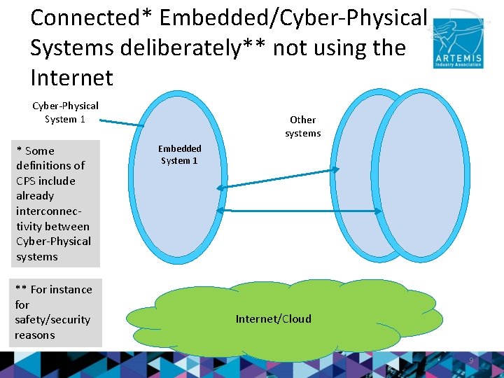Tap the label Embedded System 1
click(179, 155)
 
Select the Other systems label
click(302, 127)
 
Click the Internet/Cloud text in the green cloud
click(273, 319)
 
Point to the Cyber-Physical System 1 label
click(65, 112)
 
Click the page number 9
click(471, 360)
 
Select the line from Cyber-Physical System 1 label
click(120, 122)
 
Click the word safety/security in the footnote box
click(52, 320)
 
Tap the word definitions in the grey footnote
click(50, 166)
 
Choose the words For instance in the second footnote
click(61, 289)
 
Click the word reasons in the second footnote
click(35, 335)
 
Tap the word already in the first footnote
click(35, 196)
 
